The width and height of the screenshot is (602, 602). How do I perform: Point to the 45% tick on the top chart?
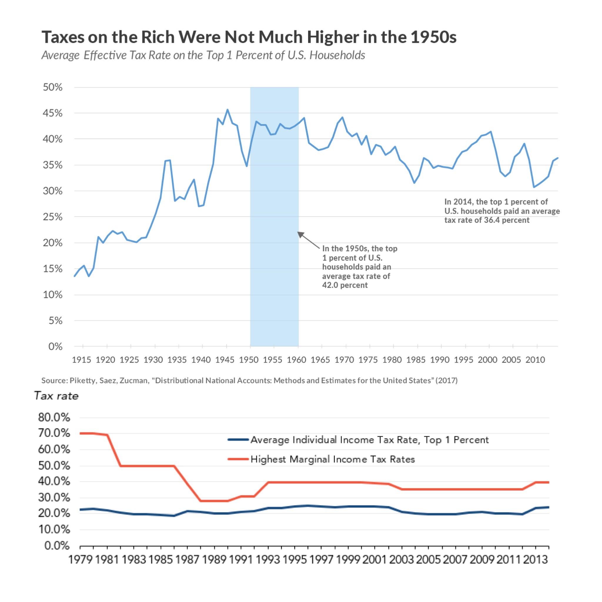(53, 113)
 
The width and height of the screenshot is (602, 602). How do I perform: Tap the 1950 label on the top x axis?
(249, 360)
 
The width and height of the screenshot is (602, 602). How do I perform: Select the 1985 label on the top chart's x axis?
(416, 360)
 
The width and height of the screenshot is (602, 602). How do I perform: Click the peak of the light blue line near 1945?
(228, 110)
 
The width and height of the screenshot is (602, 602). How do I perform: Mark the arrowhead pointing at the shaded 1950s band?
(300, 234)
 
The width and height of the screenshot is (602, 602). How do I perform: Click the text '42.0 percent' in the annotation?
(345, 285)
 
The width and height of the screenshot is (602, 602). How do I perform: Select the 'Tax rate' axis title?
(56, 396)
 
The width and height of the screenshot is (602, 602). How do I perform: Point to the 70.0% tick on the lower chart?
(54, 433)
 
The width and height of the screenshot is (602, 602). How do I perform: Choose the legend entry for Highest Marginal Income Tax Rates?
(332, 459)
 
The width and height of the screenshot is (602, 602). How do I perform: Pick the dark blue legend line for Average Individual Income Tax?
(238, 440)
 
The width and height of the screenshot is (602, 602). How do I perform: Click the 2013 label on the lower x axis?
(535, 560)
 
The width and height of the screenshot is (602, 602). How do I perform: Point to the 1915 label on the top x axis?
(81, 360)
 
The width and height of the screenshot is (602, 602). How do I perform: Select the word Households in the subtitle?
(337, 55)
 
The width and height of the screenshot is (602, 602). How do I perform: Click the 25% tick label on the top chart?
(53, 217)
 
